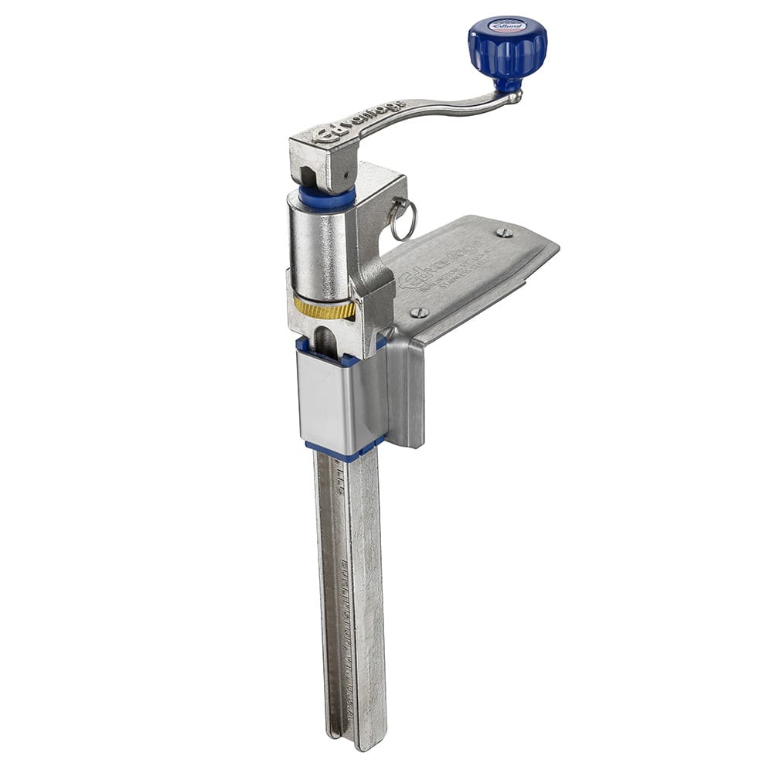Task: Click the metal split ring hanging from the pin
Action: click(403, 221)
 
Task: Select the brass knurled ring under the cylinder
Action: click(325, 308)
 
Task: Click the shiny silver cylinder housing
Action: click(318, 247)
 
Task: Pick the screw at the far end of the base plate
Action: click(504, 232)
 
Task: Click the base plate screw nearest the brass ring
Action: click(419, 312)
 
